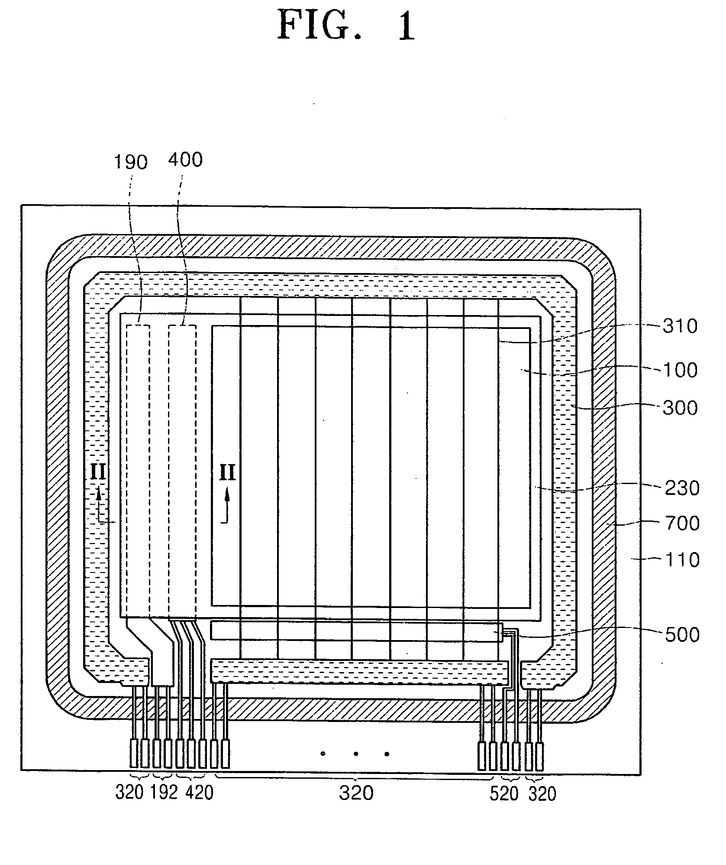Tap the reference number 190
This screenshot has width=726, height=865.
(x=130, y=162)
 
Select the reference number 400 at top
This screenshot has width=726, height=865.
(x=185, y=160)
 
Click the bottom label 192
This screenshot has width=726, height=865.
(x=164, y=792)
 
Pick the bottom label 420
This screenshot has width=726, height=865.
(x=199, y=792)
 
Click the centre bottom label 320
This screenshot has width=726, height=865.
(x=356, y=793)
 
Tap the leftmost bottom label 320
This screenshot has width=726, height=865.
(x=129, y=792)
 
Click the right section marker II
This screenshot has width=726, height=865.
(x=227, y=472)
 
